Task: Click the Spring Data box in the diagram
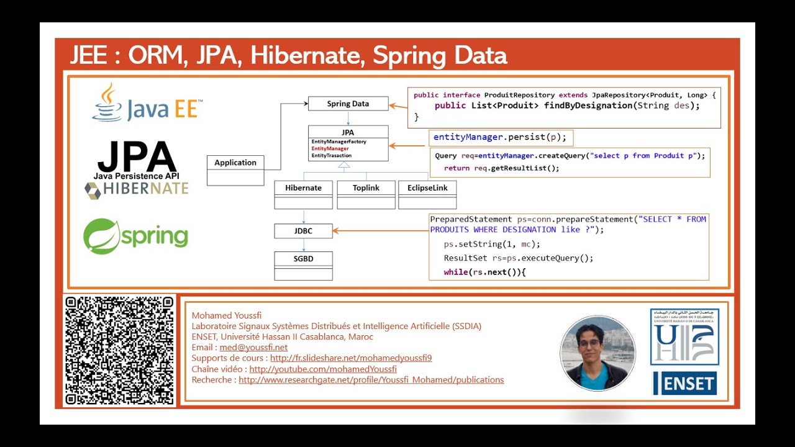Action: click(x=348, y=104)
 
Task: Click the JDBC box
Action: click(x=303, y=231)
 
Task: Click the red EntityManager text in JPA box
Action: click(x=330, y=149)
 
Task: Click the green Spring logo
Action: click(x=136, y=237)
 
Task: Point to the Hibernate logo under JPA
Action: click(x=137, y=189)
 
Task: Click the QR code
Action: click(x=119, y=351)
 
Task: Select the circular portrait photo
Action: click(x=597, y=353)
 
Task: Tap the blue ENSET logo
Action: click(x=684, y=384)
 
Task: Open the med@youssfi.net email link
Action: click(x=253, y=348)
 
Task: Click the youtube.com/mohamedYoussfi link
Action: click(x=323, y=369)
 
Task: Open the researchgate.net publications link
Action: click(x=371, y=380)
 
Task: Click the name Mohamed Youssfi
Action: click(x=222, y=315)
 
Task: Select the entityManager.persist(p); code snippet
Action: click(x=499, y=137)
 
